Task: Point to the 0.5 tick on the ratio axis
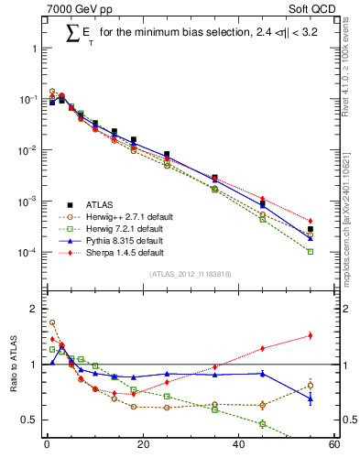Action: (32, 420)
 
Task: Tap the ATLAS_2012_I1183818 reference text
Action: (191, 274)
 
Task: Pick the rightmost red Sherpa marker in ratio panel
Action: (311, 335)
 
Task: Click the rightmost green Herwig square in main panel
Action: (311, 251)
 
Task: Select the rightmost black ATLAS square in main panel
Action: (311, 229)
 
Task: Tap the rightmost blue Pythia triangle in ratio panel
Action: (311, 398)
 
